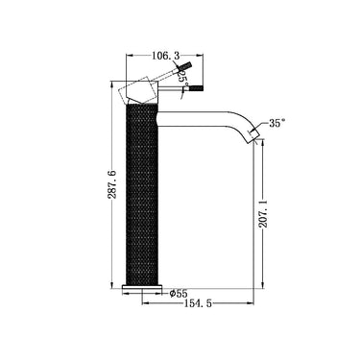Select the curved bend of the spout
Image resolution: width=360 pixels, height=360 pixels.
(239, 119)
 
